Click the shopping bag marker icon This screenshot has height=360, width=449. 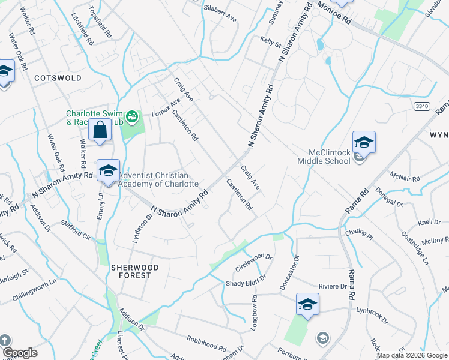(x=100, y=130)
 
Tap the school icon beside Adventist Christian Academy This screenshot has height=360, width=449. (x=108, y=171)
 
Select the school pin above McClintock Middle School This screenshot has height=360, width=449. (x=364, y=143)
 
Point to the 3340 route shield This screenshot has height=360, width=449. (x=422, y=106)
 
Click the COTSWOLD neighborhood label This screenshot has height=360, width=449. (x=58, y=78)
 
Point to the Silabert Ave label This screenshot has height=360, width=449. (x=220, y=19)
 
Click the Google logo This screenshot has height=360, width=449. (x=19, y=353)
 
